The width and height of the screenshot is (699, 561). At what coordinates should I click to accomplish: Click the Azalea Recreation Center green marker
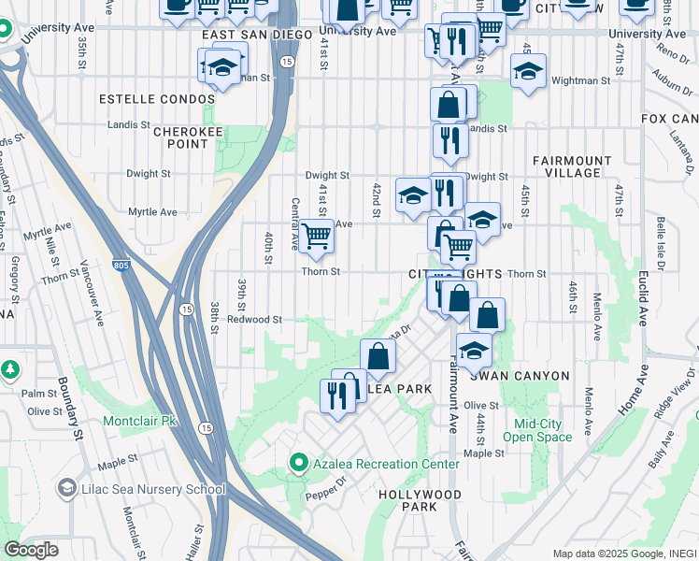click(299, 463)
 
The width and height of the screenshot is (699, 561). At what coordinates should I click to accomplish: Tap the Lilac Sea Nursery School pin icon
click(67, 488)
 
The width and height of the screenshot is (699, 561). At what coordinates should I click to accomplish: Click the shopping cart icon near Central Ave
click(317, 236)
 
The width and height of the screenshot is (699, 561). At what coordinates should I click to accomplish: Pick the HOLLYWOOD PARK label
click(420, 500)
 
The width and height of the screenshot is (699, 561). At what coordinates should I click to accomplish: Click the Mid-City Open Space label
click(536, 430)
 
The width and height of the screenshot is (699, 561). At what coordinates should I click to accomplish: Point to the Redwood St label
click(254, 320)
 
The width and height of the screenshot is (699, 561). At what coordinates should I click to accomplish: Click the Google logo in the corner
click(31, 550)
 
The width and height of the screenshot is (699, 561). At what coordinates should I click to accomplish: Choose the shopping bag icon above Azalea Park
click(378, 356)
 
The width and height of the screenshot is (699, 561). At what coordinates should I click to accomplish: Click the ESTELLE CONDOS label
click(143, 98)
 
